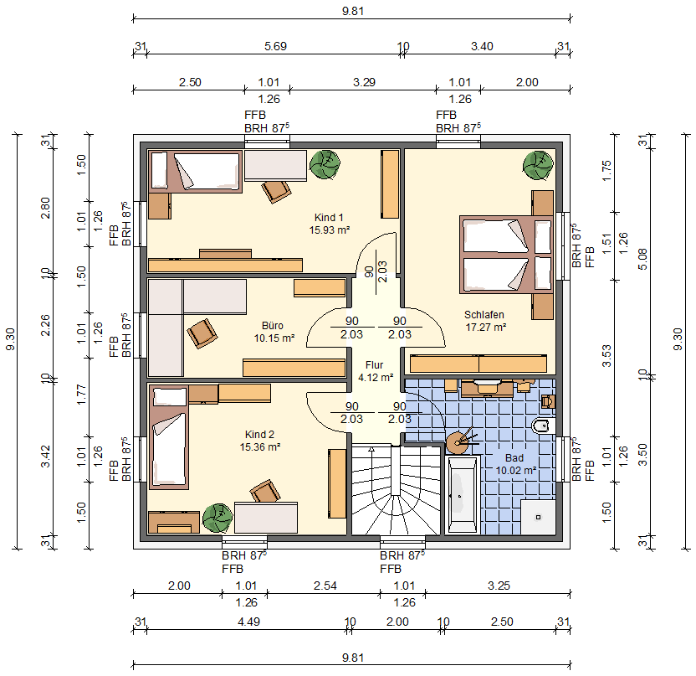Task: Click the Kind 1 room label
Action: pos(329,217)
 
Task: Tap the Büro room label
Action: pos(273,325)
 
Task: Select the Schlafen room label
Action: pos(484,315)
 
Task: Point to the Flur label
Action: pos(374,365)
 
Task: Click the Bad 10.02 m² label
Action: pos(515,464)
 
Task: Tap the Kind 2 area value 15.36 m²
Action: pos(260,447)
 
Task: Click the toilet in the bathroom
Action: pos(543,426)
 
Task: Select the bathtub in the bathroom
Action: pos(462,494)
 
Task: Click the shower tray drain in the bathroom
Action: pos(539,517)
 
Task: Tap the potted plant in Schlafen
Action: pos(538,165)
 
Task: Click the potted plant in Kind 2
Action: pos(217,518)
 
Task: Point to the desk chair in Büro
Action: pos(202,333)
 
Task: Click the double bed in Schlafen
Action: pos(506,255)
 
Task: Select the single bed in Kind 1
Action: pos(195,172)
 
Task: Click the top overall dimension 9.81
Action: pos(353,11)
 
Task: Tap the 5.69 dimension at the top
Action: pos(275,46)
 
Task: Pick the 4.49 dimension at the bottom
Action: pos(248,622)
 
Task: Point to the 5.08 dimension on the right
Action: pos(642,259)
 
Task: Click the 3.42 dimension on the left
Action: pos(45,457)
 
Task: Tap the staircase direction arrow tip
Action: pos(371,448)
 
